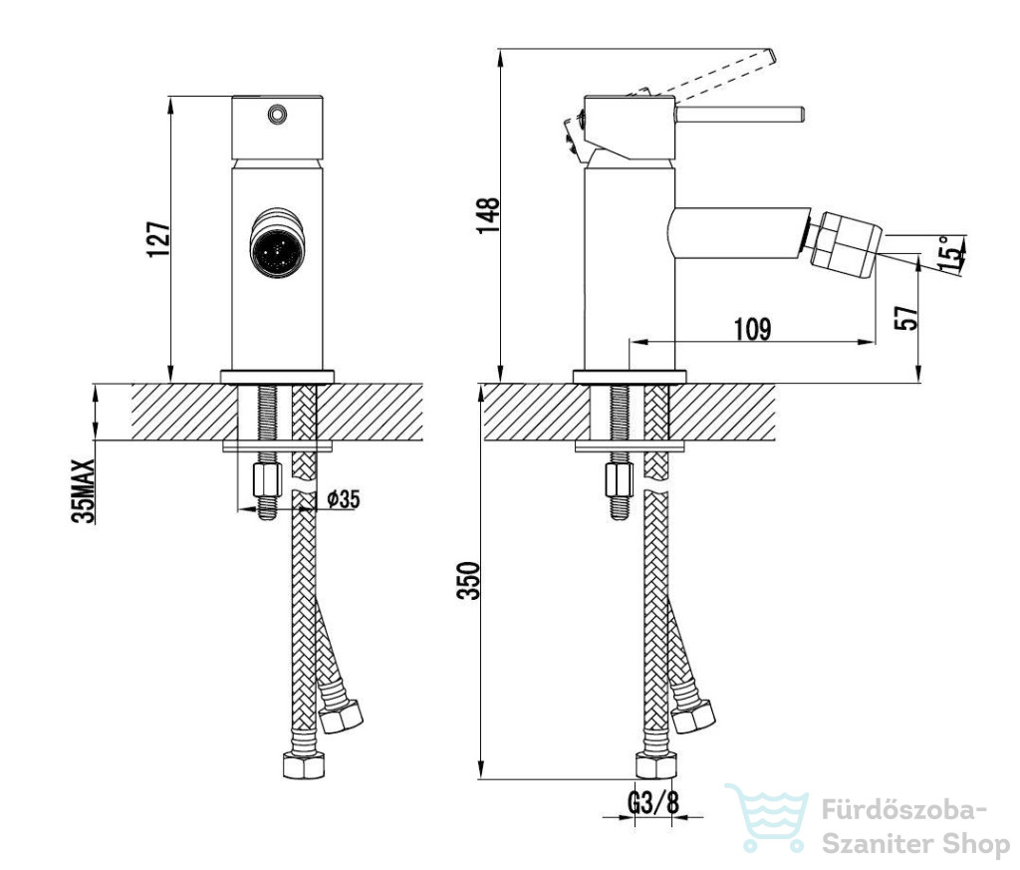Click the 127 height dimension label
point(159,239)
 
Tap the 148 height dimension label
point(488,215)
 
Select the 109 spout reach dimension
point(753,329)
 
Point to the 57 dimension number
point(906,317)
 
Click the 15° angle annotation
point(951,255)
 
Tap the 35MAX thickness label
point(85,491)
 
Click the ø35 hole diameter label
point(344,499)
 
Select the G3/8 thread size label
point(653,803)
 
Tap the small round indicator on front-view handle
point(277,115)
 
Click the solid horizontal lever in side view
point(740,114)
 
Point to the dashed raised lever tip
point(770,57)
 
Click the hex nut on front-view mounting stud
point(267,480)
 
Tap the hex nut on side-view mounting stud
point(620,480)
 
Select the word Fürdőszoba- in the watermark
point(904,811)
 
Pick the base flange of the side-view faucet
point(630,377)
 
